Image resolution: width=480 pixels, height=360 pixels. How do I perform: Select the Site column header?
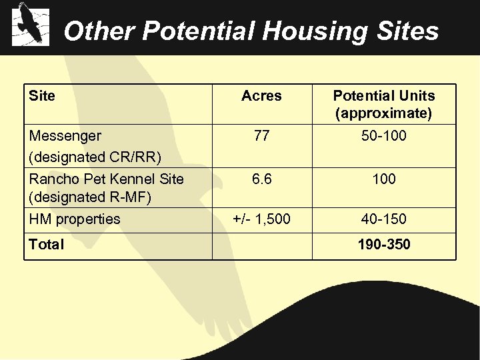tap(42, 96)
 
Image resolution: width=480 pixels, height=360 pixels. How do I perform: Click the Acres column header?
tap(261, 96)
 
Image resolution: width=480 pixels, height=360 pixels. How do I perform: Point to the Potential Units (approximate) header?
tap(383, 105)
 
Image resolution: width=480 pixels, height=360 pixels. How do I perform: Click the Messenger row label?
tap(65, 136)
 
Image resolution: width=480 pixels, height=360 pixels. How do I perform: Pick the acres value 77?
tap(261, 136)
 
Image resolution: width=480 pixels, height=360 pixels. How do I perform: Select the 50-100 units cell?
tap(383, 136)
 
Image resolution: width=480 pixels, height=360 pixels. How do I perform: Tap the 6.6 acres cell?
tap(261, 179)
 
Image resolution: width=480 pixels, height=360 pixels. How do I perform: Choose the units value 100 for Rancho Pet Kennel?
tap(383, 179)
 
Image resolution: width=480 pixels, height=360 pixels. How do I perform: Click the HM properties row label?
tap(75, 219)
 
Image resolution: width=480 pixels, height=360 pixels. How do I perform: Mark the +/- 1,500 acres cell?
tap(261, 219)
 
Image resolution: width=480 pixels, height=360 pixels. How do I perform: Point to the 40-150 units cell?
tap(383, 219)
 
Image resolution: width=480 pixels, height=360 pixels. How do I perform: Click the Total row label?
tap(47, 244)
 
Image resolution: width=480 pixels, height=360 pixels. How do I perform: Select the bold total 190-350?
tap(383, 244)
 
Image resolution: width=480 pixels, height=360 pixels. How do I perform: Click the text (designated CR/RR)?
tap(95, 157)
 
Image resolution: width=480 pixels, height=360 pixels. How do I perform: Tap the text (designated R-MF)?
tap(91, 197)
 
